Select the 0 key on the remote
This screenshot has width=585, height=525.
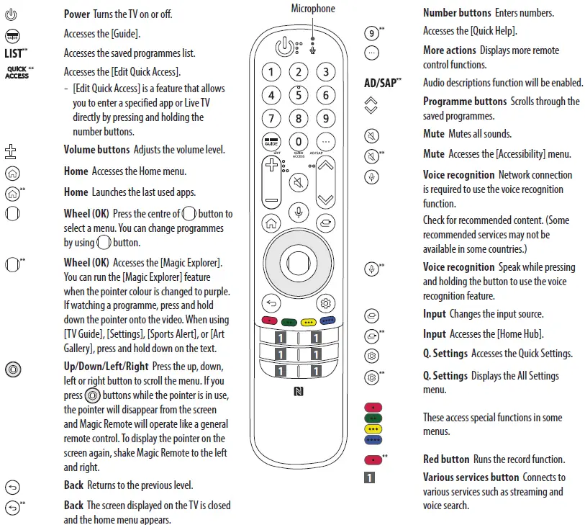[298, 142]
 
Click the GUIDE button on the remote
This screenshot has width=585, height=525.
[271, 142]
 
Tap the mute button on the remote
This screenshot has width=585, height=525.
[298, 183]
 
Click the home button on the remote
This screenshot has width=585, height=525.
[271, 223]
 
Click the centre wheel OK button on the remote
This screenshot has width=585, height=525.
[298, 261]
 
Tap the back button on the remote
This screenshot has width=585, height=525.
[270, 303]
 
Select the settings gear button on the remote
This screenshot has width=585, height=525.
[326, 303]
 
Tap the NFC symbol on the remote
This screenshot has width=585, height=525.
[298, 392]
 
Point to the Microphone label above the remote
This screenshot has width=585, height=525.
[312, 9]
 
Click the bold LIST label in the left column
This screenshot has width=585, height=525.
[16, 53]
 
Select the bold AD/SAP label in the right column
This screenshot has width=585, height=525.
[381, 83]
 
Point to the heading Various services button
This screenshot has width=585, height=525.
[471, 477]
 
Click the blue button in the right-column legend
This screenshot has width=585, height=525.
[373, 439]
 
